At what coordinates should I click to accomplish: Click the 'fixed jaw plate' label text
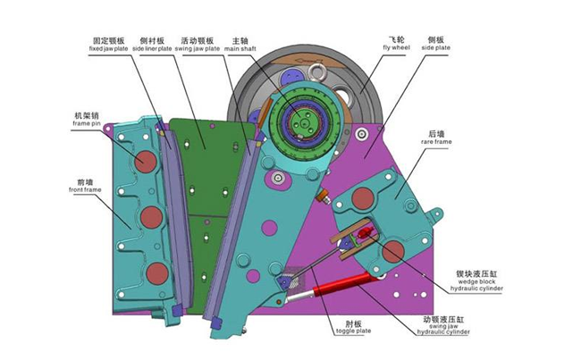coord(108,48)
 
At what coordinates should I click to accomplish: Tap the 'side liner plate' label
coord(152,48)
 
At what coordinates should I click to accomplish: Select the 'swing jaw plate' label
coord(198,48)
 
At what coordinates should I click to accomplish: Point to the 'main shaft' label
coord(240,48)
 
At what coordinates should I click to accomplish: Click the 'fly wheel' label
coord(397,47)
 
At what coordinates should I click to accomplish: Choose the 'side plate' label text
coord(436,47)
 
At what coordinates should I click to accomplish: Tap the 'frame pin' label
coord(87,123)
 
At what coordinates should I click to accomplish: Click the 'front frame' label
coord(85,189)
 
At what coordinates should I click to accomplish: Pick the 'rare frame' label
coord(436,141)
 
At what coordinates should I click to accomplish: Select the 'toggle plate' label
coord(353,331)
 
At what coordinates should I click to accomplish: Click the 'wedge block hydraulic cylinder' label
coord(477,285)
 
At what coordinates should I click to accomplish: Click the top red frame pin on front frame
coord(145,162)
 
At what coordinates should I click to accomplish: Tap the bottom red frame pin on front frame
coord(157,273)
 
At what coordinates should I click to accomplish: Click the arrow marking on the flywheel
coord(310,60)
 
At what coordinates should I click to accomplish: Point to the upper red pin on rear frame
coord(362,198)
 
